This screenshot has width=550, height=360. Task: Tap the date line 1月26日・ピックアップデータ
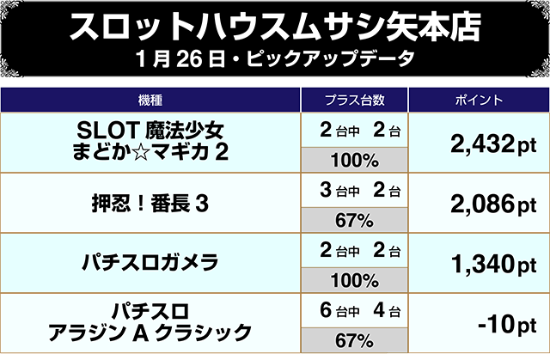[275, 62]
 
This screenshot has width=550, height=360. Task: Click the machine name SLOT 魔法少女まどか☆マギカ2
[152, 142]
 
